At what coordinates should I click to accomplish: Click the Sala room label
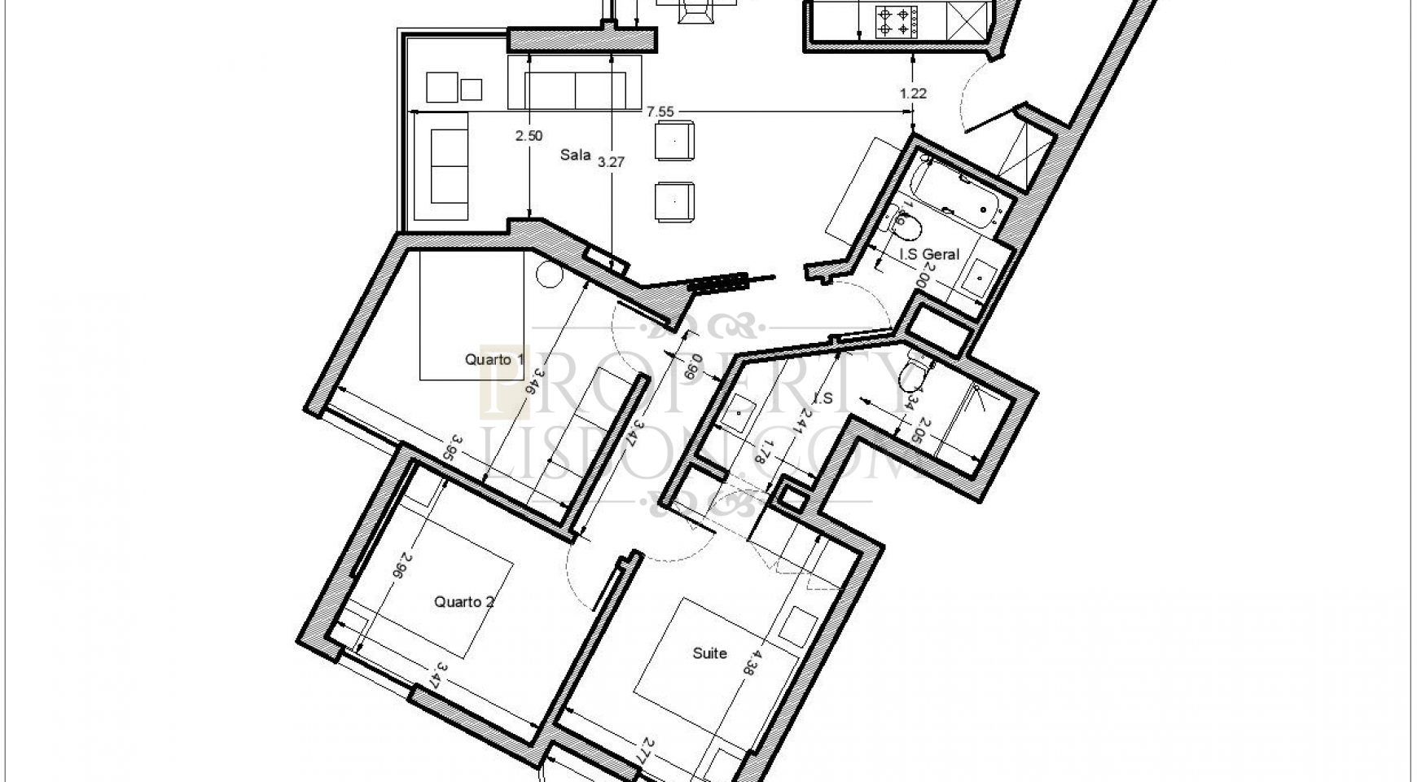point(575,155)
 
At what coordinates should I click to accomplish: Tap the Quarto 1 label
point(494,359)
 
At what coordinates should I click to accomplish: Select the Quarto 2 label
point(464,602)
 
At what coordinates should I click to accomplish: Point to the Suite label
point(709,653)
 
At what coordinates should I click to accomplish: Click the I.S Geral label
point(929,254)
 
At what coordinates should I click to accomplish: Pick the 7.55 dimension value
point(660,112)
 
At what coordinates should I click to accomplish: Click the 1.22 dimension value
point(913,94)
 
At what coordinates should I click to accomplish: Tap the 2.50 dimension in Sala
point(529,136)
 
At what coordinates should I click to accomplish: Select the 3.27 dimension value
point(611,162)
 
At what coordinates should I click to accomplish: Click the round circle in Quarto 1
point(550,275)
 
